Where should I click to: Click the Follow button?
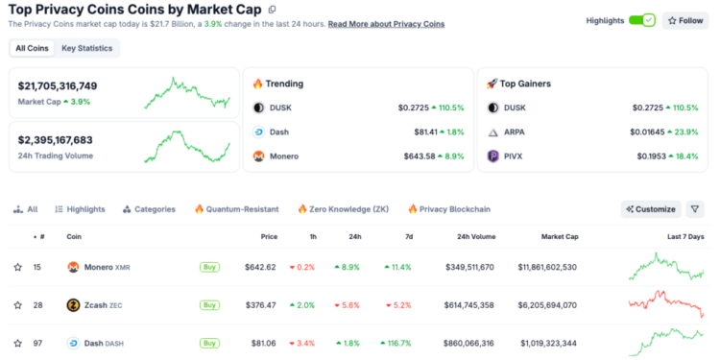tap(686, 19)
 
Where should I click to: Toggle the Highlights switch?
tap(641, 19)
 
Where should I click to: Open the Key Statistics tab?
tap(86, 47)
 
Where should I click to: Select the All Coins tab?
tap(33, 47)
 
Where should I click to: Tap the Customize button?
tap(650, 208)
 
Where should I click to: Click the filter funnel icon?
tap(695, 208)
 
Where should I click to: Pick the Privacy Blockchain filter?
tap(448, 208)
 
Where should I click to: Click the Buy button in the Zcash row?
tap(209, 305)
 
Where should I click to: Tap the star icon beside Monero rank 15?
tap(17, 267)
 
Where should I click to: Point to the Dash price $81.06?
tap(261, 343)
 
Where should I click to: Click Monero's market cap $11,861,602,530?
tap(547, 267)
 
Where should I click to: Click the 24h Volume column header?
tap(476, 236)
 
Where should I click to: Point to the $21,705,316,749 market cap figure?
tap(58, 85)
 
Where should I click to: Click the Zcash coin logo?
tap(73, 305)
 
